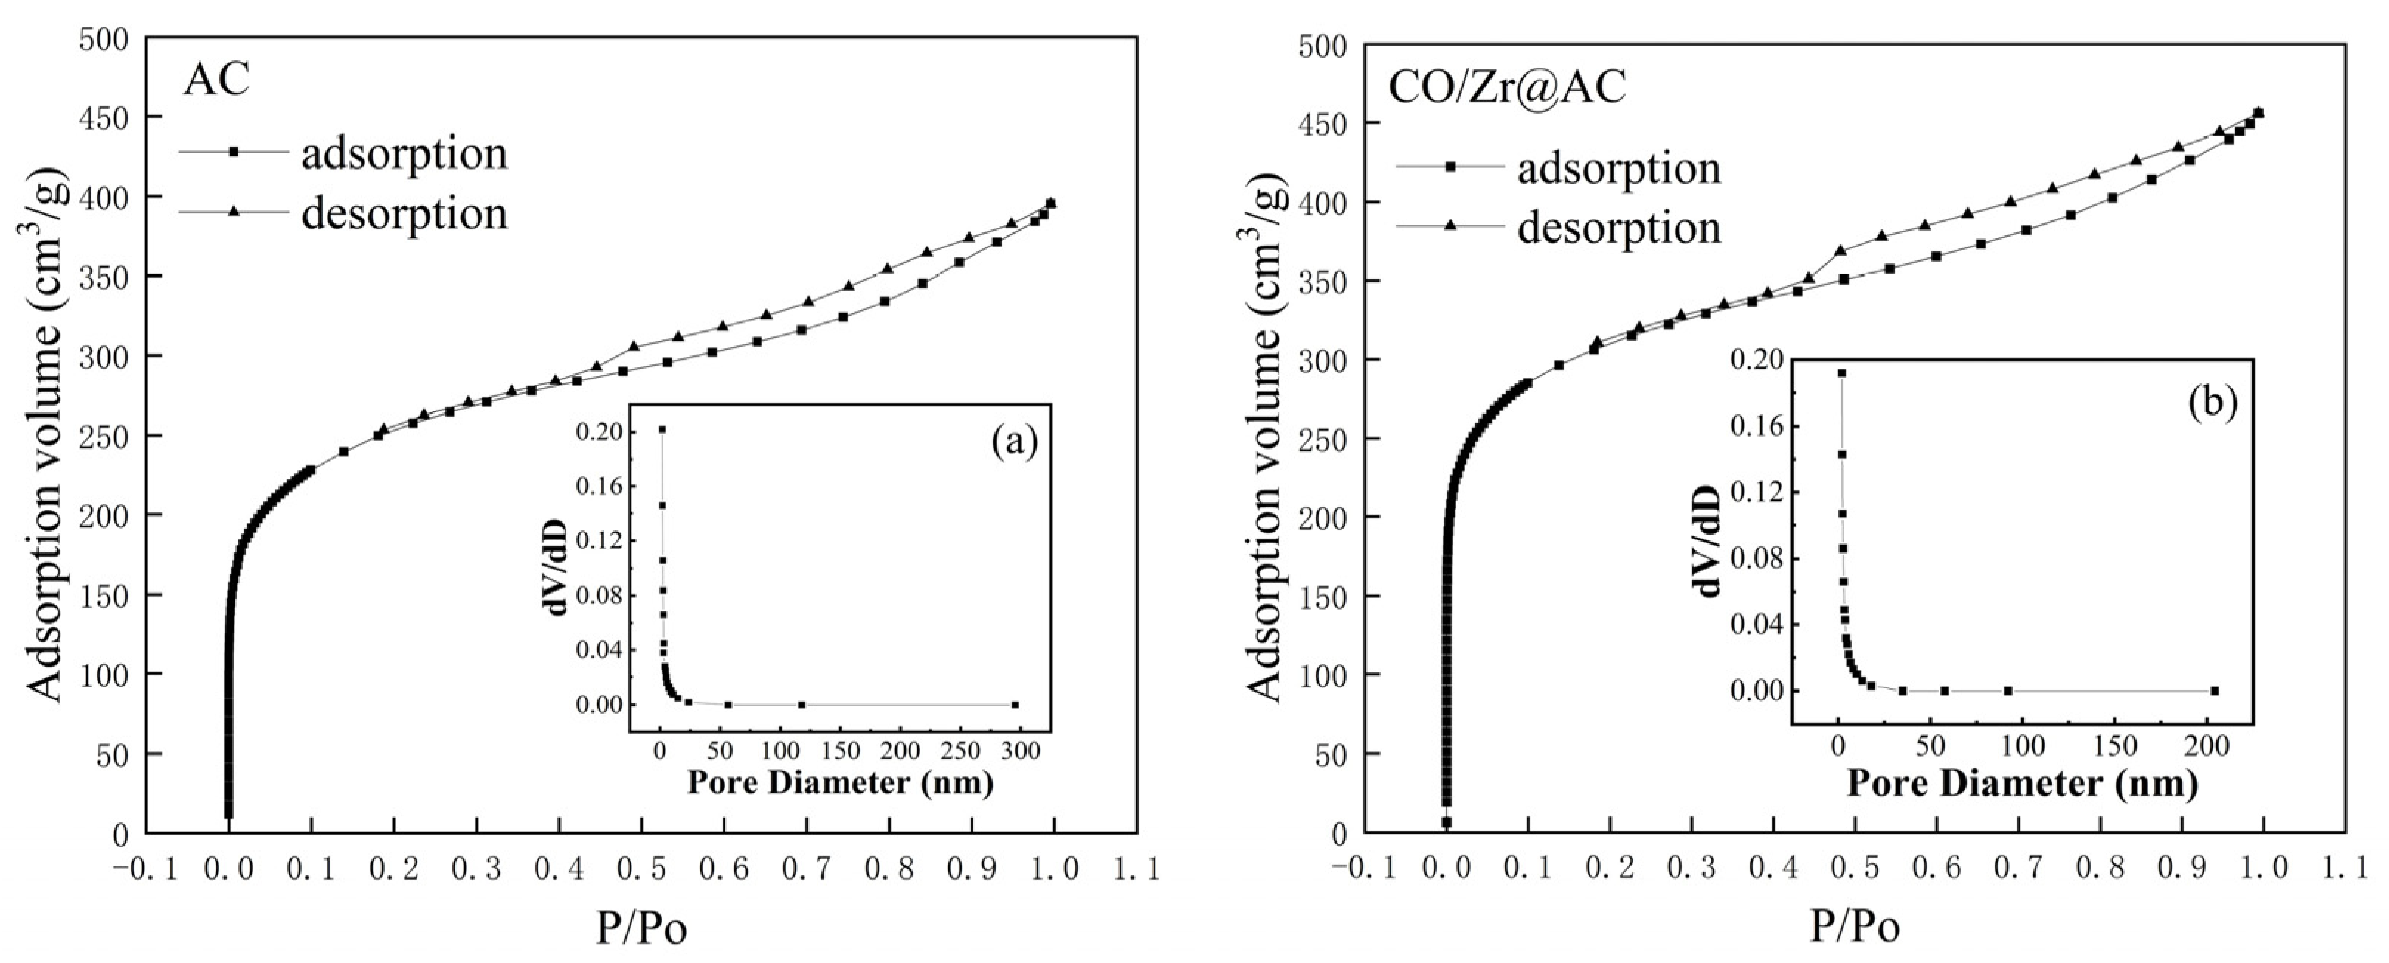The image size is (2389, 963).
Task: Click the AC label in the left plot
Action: coord(216,80)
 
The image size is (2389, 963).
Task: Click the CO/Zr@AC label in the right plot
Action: coord(1506,87)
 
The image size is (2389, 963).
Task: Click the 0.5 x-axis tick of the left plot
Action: coord(641,869)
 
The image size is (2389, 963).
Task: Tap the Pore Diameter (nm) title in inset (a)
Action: coord(839,783)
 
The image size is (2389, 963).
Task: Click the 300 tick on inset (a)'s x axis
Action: coord(1021,749)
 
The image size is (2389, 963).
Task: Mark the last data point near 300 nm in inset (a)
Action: coord(1016,706)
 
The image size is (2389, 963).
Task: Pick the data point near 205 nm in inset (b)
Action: coord(2215,690)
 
